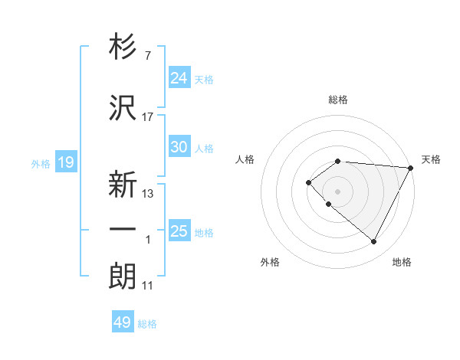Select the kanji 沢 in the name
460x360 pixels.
tap(123, 109)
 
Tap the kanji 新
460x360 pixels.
tap(123, 185)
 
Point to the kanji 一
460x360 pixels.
tap(123, 229)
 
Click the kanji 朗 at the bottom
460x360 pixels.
tap(123, 277)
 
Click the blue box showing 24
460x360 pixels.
tap(179, 77)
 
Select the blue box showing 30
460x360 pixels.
tap(179, 147)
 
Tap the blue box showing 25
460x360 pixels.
tap(179, 231)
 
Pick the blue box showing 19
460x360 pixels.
tap(66, 162)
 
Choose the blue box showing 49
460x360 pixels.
tap(123, 322)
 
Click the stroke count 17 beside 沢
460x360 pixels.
tap(148, 117)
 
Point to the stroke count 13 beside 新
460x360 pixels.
tap(148, 193)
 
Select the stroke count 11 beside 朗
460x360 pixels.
tap(148, 286)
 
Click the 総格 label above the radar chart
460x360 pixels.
tap(338, 100)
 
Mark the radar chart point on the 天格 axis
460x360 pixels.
tap(411, 167)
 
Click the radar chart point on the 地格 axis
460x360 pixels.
tap(373, 241)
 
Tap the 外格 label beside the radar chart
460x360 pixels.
tap(270, 262)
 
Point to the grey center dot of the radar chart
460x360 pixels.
tap(337, 191)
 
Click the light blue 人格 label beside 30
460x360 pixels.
tap(204, 149)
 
